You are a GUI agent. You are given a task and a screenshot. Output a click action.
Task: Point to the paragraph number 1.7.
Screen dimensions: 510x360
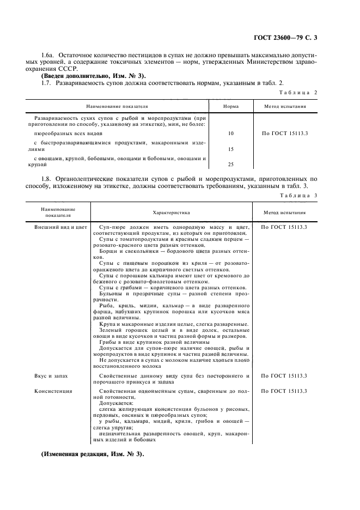point(47,82)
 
